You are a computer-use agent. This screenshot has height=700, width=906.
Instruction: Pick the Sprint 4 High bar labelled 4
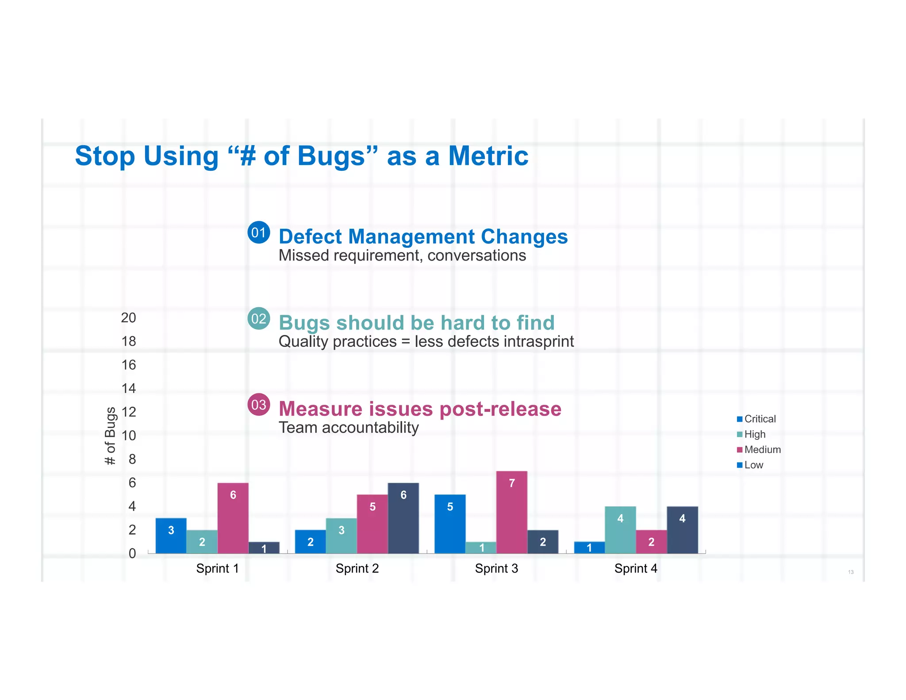pyautogui.click(x=620, y=530)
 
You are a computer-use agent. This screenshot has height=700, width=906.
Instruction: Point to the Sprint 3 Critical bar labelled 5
pyautogui.click(x=450, y=524)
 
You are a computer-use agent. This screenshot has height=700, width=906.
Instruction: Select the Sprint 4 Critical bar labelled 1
pyautogui.click(x=589, y=547)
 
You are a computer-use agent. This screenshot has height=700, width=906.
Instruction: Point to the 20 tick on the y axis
pyautogui.click(x=129, y=318)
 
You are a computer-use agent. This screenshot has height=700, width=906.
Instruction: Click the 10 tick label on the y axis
pyautogui.click(x=129, y=435)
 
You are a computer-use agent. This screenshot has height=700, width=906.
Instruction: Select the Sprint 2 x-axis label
pyautogui.click(x=357, y=568)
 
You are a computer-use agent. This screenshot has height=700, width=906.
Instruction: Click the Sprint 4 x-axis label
pyautogui.click(x=636, y=568)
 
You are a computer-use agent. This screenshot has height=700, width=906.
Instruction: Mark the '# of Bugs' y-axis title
pyautogui.click(x=110, y=436)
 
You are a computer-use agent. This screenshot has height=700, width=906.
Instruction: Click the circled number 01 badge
pyautogui.click(x=259, y=232)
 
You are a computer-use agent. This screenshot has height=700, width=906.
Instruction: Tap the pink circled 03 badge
pyautogui.click(x=259, y=404)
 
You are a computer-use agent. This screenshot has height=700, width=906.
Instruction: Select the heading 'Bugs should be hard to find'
pyautogui.click(x=416, y=323)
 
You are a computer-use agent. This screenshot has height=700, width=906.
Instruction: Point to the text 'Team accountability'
pyautogui.click(x=349, y=427)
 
